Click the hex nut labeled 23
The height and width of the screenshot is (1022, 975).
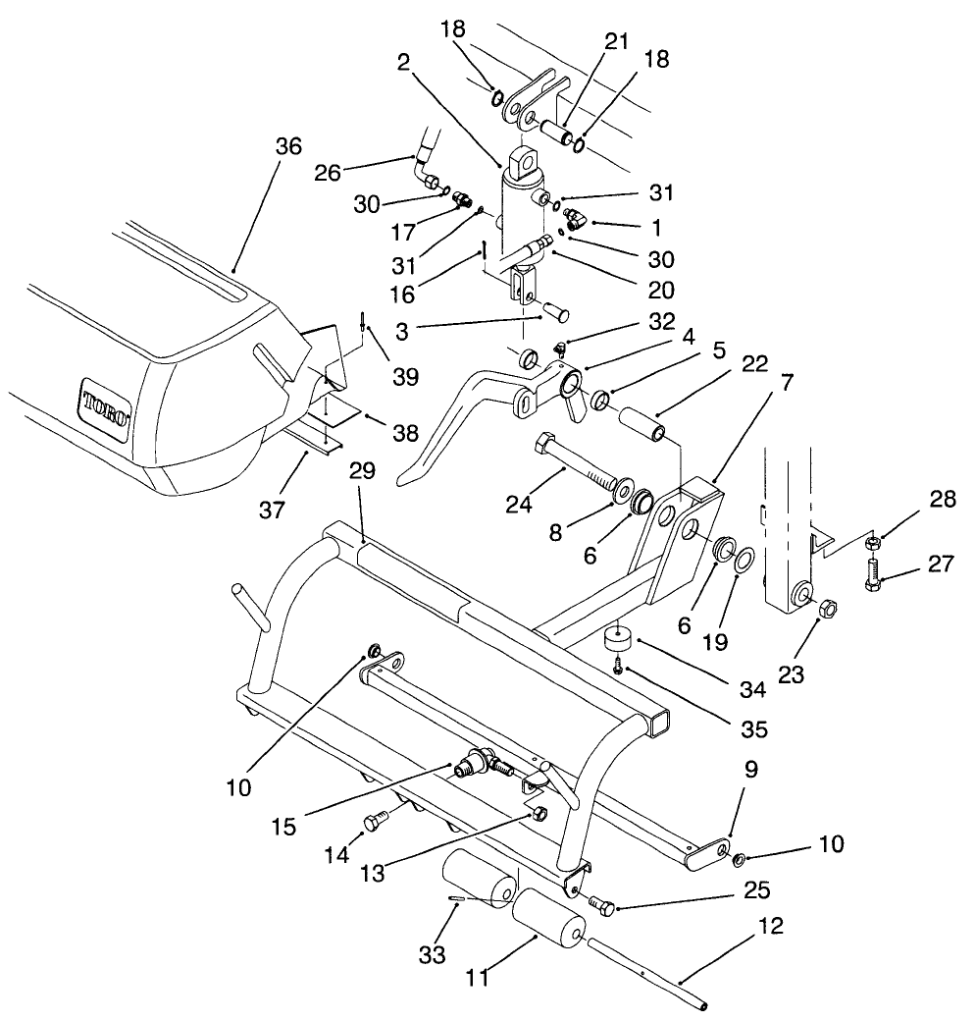coord(826,609)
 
